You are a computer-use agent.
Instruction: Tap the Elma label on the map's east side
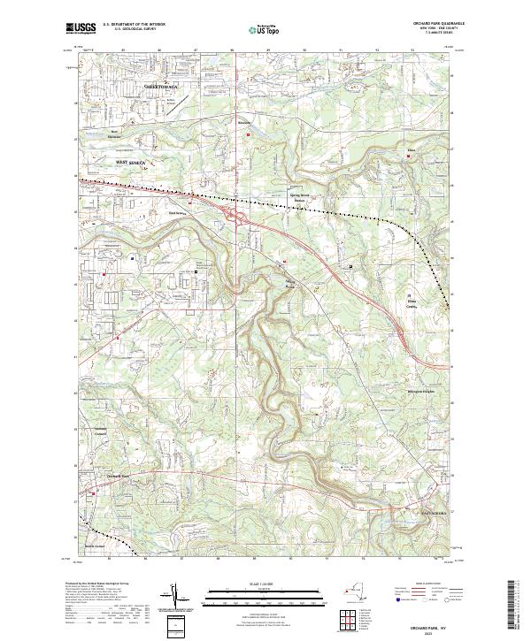coord(410,151)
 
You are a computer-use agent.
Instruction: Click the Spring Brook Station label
coord(302,198)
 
